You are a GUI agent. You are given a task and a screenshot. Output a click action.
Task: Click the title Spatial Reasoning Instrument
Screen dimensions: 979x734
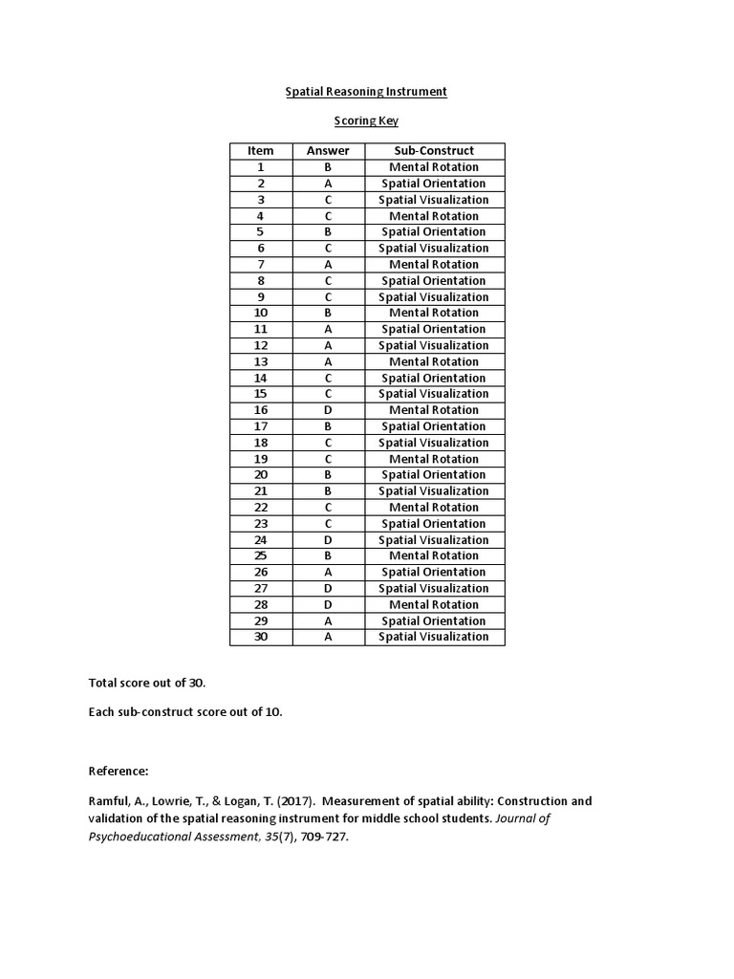tap(367, 92)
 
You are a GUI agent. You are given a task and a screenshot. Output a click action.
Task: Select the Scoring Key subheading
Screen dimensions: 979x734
tap(366, 121)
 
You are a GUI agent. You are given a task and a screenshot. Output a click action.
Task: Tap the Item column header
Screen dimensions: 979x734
tap(260, 151)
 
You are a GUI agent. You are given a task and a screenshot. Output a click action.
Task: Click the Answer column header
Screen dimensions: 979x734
tap(327, 151)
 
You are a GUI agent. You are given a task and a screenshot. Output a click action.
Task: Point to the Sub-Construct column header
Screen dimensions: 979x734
tap(434, 151)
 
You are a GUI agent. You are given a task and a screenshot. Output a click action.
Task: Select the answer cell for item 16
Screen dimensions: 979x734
tap(327, 410)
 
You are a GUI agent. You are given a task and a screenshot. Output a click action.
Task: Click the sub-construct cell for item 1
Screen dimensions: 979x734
tap(434, 167)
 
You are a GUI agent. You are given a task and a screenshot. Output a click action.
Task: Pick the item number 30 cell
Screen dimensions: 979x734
tap(260, 637)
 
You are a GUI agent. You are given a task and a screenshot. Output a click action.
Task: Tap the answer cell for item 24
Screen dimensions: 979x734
tap(327, 540)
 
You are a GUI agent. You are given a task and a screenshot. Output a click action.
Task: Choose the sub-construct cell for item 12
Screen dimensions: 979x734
tap(434, 345)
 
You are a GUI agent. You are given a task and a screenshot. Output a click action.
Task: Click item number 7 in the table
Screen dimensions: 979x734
tap(260, 264)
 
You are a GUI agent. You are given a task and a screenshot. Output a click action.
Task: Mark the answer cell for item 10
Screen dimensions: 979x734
tap(327, 313)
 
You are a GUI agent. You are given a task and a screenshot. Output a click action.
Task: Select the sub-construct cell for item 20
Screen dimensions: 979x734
tap(434, 474)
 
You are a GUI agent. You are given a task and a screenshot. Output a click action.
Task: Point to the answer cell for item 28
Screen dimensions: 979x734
tap(327, 604)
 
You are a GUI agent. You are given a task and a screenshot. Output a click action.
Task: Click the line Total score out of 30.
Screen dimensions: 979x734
tap(147, 684)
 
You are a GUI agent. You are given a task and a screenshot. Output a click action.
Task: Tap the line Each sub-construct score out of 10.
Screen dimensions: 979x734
tap(185, 712)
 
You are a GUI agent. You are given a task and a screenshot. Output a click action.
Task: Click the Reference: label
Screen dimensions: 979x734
tap(119, 771)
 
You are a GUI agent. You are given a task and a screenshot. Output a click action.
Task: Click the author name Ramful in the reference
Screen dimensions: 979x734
tap(109, 801)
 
